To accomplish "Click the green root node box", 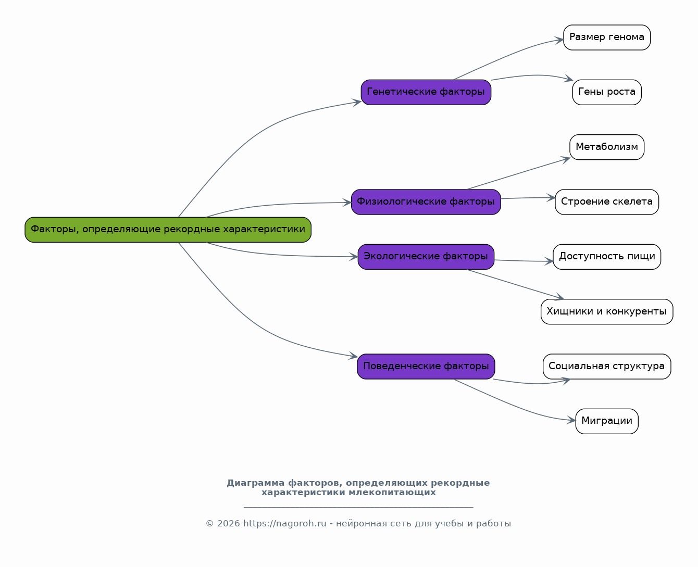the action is pos(168,230).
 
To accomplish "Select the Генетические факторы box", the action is pos(426,92).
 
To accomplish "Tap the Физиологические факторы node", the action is pos(426,202).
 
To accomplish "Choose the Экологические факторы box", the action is pos(426,257).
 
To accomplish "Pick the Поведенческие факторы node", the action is pos(426,367).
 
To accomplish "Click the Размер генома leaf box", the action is pos(606,37).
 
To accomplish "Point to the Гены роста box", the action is pos(606,92).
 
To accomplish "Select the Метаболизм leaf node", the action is pos(606,147).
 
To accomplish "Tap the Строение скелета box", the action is pos(606,202).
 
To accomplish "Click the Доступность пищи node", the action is pos(606,257).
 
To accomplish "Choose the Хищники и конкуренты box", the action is pos(606,311).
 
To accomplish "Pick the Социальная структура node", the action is pos(606,367).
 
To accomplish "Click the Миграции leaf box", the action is pos(606,421).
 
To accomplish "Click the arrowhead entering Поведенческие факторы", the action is pos(353,356).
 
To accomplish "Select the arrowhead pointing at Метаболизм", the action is pos(566,159).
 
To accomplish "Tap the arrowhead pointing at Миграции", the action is pos(571,420).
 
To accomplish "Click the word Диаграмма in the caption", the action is pos(256,483).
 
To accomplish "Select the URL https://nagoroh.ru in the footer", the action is pos(284,523).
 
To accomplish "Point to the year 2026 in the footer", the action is pos(228,523).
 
